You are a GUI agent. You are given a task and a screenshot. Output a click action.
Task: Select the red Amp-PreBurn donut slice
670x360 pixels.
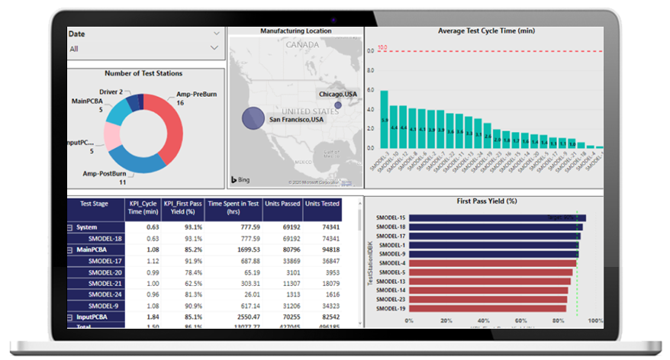click(169, 124)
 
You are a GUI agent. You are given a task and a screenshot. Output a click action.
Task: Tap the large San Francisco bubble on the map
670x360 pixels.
click(253, 118)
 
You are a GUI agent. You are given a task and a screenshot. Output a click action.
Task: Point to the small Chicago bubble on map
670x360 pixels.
click(337, 105)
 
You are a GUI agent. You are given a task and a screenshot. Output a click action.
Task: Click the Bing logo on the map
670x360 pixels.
click(240, 180)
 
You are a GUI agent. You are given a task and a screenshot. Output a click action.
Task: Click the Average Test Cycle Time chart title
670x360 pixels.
click(485, 31)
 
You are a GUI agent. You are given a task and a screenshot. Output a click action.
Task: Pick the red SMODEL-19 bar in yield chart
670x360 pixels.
click(488, 309)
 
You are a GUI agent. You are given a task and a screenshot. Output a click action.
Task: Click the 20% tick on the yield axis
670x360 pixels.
click(447, 320)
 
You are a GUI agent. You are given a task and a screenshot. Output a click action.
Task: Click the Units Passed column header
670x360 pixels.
click(282, 204)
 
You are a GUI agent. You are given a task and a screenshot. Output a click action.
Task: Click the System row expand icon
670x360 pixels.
click(69, 227)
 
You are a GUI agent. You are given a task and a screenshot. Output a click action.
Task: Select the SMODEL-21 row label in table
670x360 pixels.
click(105, 283)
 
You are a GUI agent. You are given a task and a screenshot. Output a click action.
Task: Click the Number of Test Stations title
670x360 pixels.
click(143, 74)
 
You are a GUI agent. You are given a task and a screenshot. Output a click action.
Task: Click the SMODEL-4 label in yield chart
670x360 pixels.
click(391, 263)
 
